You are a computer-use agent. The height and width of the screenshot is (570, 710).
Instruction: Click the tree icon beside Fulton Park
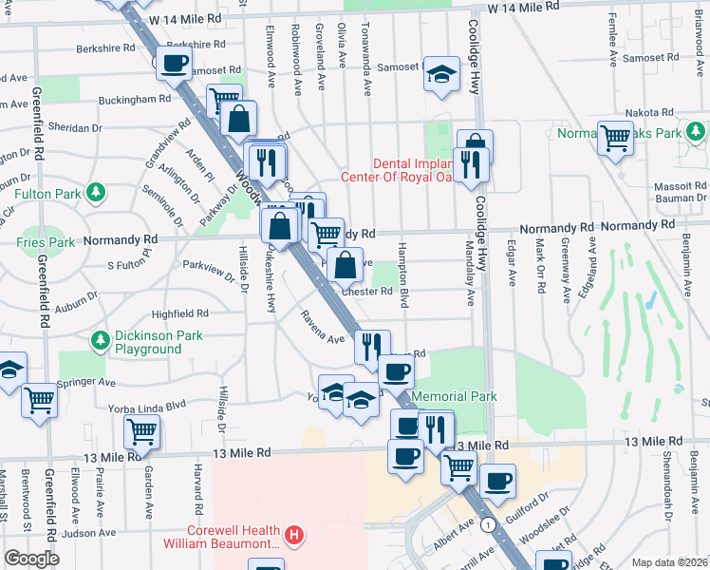[95, 194]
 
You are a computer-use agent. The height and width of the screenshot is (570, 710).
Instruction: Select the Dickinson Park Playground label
[147, 342]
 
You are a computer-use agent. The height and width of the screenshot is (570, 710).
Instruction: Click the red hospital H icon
[295, 537]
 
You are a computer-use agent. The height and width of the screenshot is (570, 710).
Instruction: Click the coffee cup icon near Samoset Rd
[173, 65]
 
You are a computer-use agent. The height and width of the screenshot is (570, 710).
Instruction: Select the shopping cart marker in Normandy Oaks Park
[616, 138]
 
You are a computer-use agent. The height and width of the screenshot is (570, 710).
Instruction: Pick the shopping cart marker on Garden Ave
[141, 431]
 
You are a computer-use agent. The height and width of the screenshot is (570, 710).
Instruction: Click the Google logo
[30, 559]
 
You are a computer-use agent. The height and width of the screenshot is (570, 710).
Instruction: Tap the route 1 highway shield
[487, 524]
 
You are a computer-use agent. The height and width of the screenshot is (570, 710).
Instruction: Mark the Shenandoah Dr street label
[667, 494]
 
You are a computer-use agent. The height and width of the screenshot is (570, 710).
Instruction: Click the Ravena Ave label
[322, 328]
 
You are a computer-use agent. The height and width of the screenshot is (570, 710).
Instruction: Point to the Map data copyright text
[670, 561]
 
